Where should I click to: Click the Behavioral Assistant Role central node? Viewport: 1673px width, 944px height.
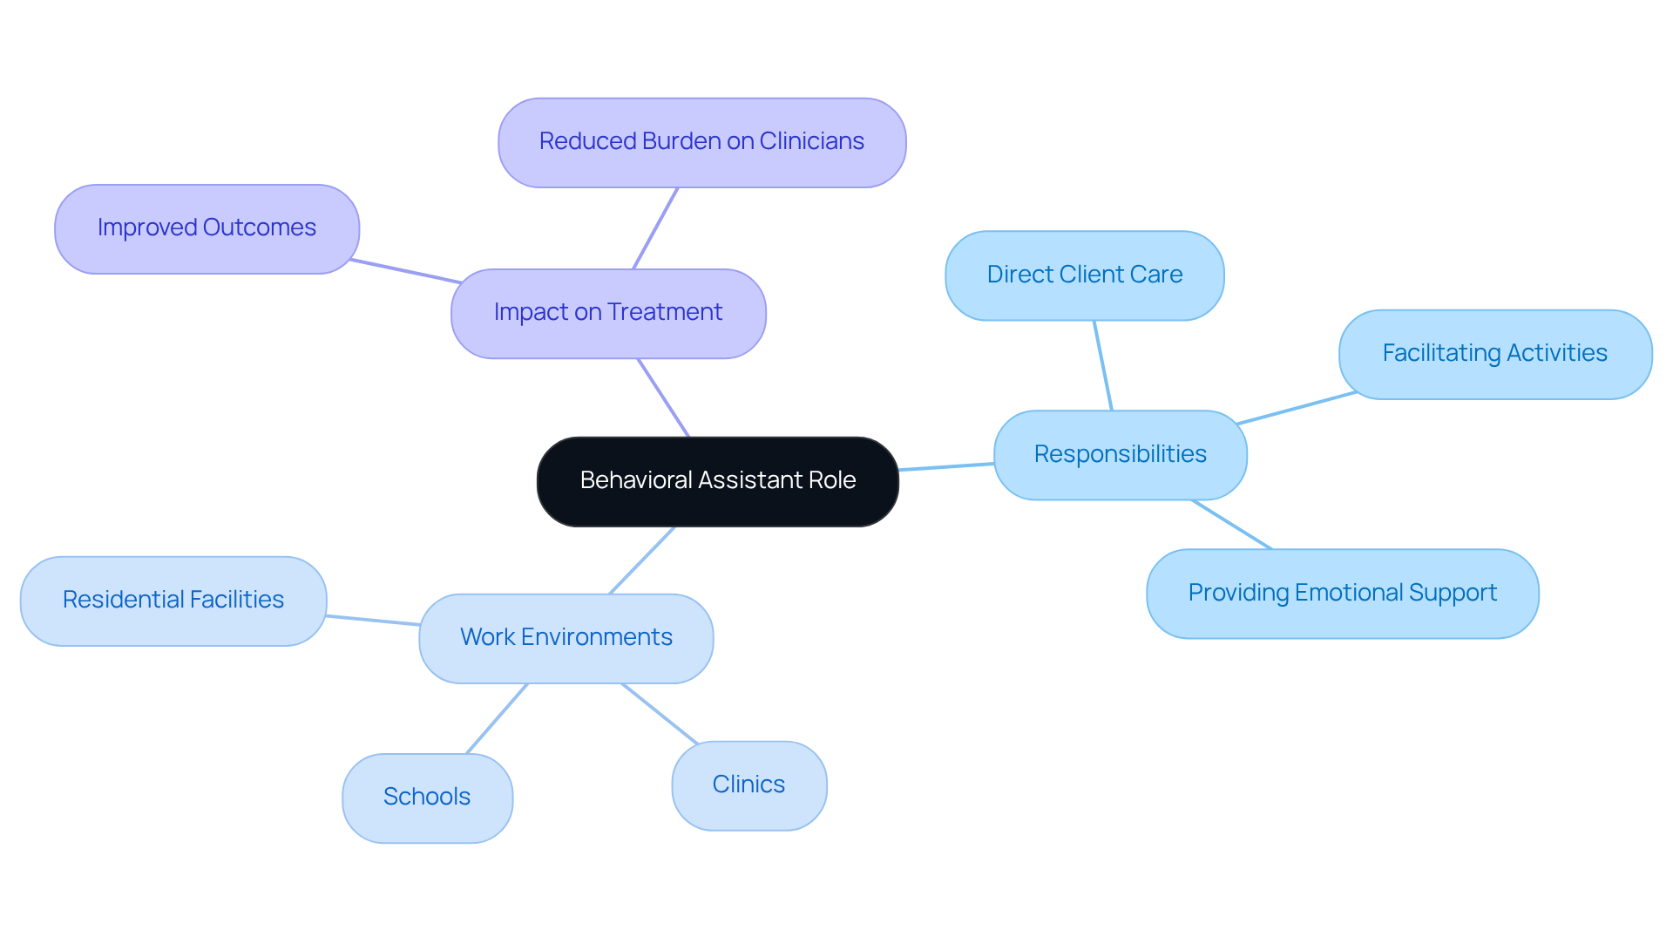point(717,481)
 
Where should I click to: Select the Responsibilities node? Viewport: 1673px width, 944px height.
point(1120,454)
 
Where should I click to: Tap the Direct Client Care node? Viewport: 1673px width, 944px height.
point(1084,275)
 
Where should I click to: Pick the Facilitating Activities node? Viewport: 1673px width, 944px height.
point(1494,354)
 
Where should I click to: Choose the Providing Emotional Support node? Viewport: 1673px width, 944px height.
point(1342,594)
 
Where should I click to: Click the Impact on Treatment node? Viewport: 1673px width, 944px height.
point(607,313)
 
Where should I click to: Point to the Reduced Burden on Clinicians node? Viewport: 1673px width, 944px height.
point(701,142)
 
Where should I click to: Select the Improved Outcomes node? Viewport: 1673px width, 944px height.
point(207,228)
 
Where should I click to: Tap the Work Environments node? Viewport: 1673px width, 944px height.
point(566,638)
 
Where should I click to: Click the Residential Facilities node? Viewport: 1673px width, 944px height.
point(173,601)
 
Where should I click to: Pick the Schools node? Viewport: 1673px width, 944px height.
point(427,798)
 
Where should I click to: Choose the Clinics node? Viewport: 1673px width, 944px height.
point(748,785)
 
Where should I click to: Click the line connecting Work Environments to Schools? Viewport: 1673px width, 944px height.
point(497,719)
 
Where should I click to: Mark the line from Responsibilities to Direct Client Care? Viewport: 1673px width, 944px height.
point(1103,365)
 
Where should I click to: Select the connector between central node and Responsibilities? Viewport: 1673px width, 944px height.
point(946,467)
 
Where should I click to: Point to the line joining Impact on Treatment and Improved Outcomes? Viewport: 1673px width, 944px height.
point(405,271)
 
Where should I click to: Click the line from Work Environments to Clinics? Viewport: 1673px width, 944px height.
point(660,714)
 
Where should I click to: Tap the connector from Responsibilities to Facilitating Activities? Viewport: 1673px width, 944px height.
point(1297,408)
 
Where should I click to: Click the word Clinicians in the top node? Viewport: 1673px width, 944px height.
point(811,141)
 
